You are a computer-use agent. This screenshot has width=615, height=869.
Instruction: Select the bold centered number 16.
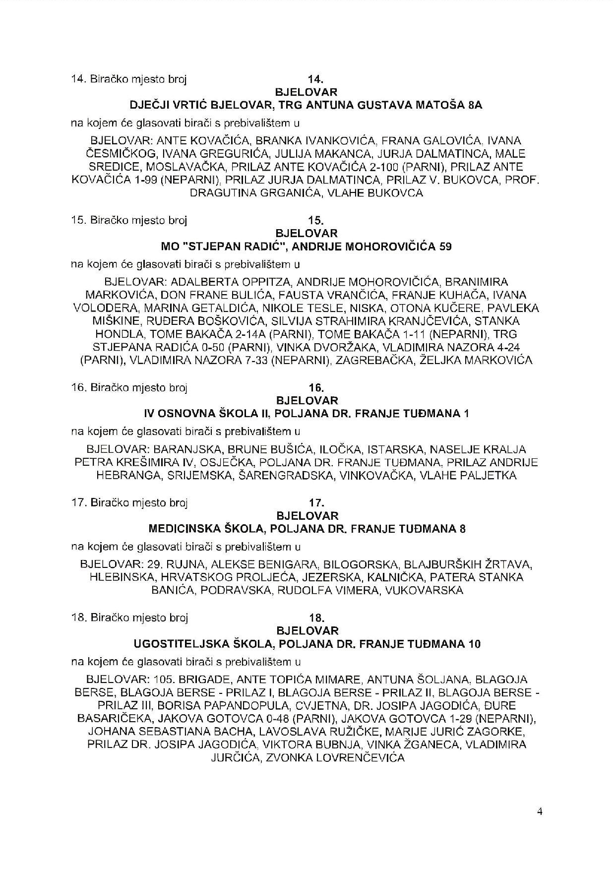click(316, 388)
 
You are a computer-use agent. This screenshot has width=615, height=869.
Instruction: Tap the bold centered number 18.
click(316, 618)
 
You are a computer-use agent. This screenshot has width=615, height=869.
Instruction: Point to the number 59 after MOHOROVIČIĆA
click(445, 247)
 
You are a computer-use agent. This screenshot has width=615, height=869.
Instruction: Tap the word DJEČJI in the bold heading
click(148, 105)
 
